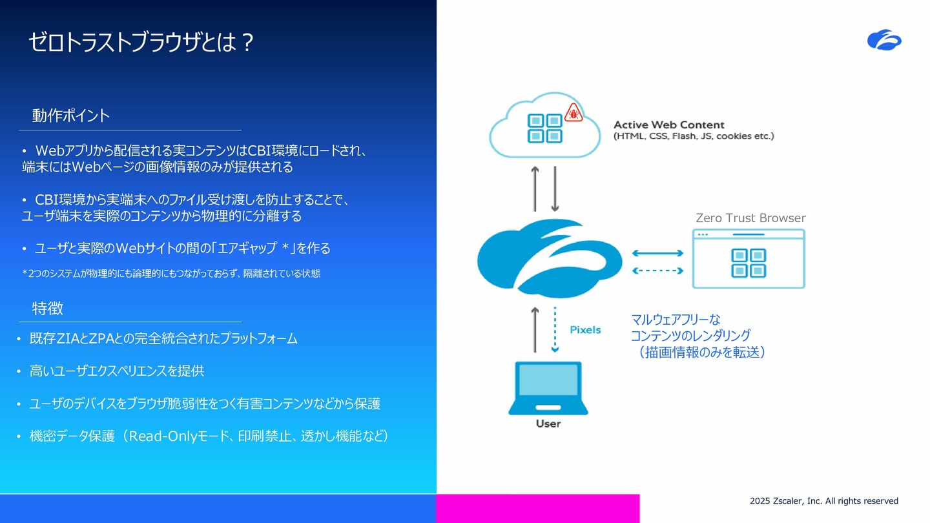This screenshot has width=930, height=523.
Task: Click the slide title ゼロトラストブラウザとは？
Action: (x=141, y=42)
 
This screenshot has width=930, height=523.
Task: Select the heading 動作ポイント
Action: (x=70, y=116)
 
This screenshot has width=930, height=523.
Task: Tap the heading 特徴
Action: (x=47, y=308)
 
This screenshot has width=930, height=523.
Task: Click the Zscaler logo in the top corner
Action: (x=884, y=40)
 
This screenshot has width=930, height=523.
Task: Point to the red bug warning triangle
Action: (x=573, y=112)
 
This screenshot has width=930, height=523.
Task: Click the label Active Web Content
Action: (x=669, y=125)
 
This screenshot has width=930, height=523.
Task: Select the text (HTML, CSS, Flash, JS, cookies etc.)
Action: (x=694, y=136)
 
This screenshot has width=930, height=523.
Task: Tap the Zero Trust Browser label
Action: (x=750, y=218)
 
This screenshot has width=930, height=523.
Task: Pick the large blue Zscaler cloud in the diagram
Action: (x=549, y=258)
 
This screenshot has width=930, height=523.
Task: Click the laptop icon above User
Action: (x=548, y=388)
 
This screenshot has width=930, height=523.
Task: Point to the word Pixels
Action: (x=585, y=330)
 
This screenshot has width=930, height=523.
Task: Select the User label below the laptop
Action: (x=548, y=424)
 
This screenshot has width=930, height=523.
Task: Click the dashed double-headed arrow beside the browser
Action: (x=657, y=271)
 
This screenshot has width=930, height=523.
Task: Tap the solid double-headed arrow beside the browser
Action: (x=657, y=253)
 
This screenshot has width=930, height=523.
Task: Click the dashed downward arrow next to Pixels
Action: (x=555, y=329)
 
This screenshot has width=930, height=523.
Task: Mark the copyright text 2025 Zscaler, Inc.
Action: (x=823, y=501)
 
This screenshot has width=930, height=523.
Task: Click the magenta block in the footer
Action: (x=537, y=509)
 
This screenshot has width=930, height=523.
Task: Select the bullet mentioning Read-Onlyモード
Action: (x=203, y=436)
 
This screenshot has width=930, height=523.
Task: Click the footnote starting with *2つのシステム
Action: (x=171, y=274)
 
